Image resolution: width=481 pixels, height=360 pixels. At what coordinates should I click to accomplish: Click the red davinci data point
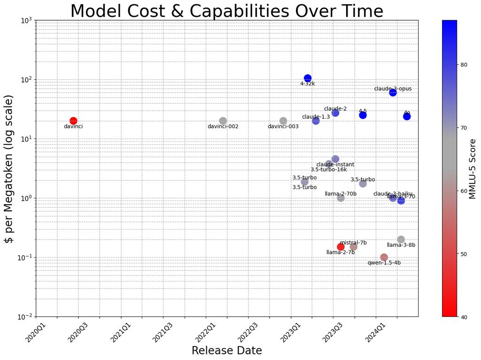click(73, 121)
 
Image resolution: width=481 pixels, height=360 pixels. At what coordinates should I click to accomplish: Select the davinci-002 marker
click(223, 121)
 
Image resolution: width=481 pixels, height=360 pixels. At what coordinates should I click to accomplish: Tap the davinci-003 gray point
click(283, 121)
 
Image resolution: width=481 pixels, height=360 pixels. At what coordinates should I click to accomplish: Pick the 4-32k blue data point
click(308, 78)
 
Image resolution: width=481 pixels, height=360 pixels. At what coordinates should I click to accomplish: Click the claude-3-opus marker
click(393, 92)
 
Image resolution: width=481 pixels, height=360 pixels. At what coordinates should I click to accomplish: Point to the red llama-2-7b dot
click(341, 247)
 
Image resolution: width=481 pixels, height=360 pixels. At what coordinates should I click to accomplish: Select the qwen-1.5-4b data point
click(384, 257)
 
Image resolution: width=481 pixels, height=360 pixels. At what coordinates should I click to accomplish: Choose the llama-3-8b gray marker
click(401, 239)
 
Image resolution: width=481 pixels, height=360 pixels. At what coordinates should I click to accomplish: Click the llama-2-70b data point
click(341, 198)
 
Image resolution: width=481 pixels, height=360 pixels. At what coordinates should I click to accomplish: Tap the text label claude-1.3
click(316, 117)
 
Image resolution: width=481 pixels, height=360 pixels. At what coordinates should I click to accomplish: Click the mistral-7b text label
click(353, 243)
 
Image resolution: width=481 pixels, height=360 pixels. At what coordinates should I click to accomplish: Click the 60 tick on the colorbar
click(464, 191)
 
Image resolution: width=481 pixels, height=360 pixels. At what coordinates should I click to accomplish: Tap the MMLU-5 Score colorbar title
click(473, 168)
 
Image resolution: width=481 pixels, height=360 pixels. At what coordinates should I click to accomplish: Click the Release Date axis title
click(227, 351)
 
